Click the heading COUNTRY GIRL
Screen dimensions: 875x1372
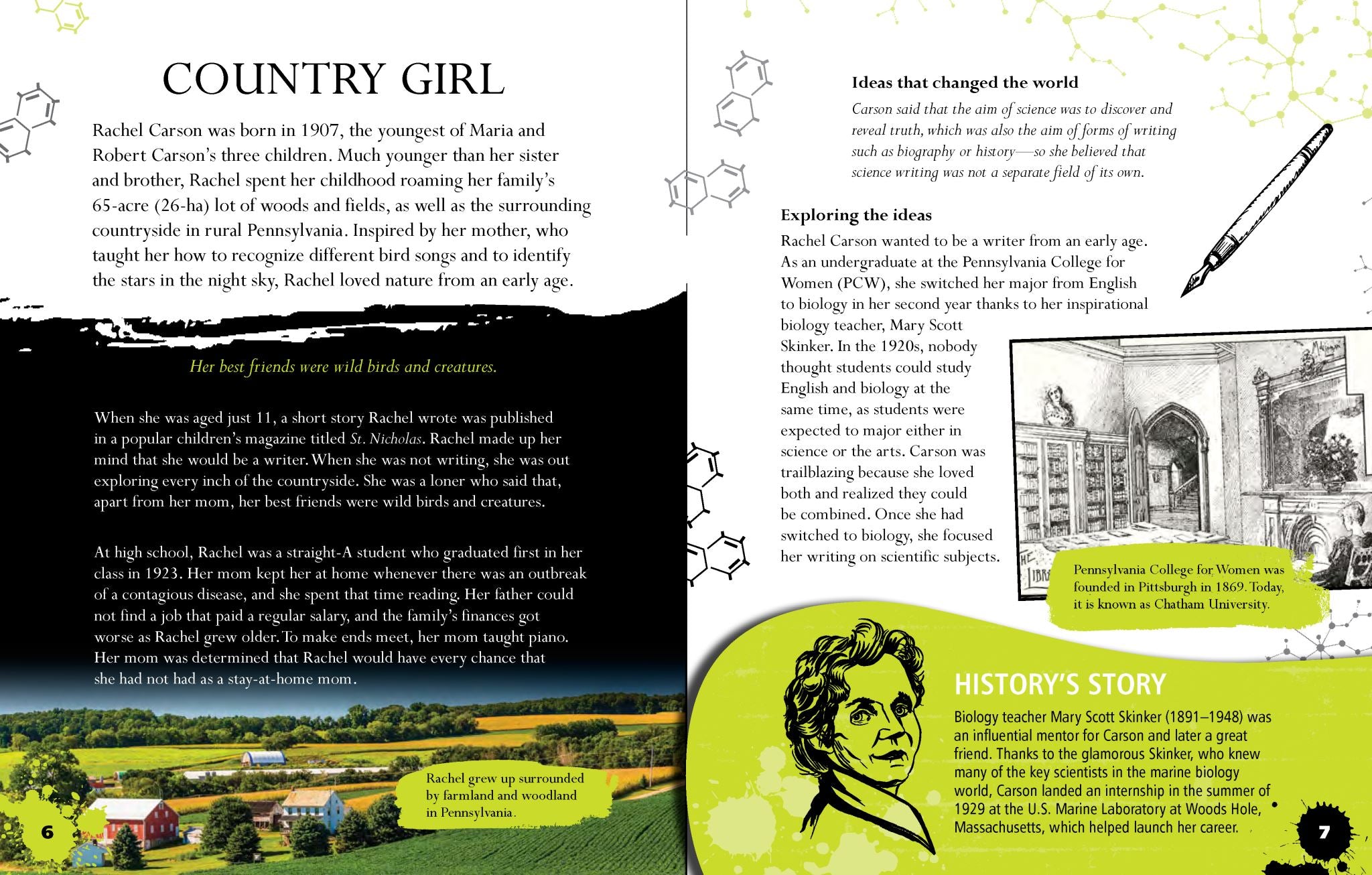[333, 79]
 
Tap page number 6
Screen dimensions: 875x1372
[48, 833]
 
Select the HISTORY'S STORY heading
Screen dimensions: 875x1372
[1059, 685]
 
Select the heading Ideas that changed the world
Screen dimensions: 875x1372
[965, 82]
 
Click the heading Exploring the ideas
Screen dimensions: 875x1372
[855, 215]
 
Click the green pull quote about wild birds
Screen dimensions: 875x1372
[343, 366]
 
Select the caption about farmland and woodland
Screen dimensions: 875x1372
[504, 795]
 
